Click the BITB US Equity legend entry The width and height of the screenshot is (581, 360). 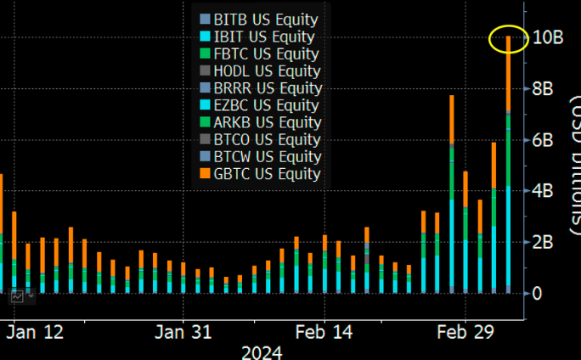259,20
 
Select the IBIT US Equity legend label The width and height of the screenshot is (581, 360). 259,37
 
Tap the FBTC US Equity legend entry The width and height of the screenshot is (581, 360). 259,53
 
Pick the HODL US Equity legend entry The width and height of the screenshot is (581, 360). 259,70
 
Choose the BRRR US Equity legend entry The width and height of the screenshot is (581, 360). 259,87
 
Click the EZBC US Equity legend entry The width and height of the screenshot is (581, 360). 259,105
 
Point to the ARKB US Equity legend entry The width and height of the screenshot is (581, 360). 259,122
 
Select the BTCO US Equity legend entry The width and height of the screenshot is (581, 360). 259,139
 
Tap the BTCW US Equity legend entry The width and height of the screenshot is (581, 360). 259,156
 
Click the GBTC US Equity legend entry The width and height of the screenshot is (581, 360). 259,174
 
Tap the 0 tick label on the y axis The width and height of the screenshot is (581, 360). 538,294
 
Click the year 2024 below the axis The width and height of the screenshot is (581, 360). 262,351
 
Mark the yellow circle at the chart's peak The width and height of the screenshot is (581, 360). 509,37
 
